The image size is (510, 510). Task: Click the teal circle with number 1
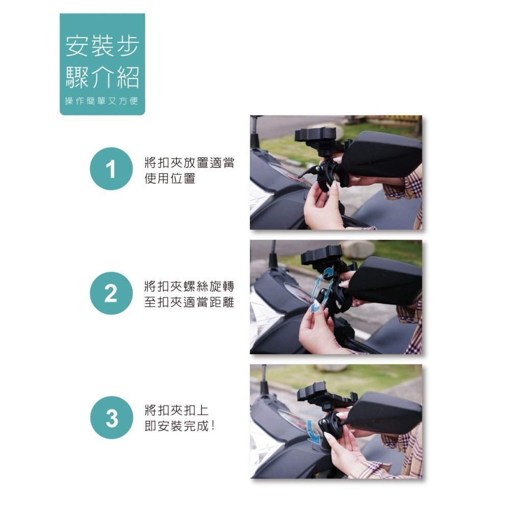pyautogui.click(x=111, y=169)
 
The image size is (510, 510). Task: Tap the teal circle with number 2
pyautogui.click(x=111, y=293)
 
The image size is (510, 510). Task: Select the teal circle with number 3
pyautogui.click(x=111, y=418)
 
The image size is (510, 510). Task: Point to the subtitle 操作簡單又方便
pyautogui.click(x=102, y=101)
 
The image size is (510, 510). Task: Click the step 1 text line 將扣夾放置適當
pyautogui.click(x=190, y=163)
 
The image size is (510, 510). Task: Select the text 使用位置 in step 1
pyautogui.click(x=170, y=178)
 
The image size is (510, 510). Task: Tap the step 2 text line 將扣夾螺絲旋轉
pyautogui.click(x=190, y=287)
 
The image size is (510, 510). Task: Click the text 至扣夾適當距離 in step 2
pyautogui.click(x=190, y=303)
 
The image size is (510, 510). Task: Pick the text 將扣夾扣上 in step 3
pyautogui.click(x=176, y=411)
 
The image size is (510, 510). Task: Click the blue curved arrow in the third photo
pyautogui.click(x=313, y=431)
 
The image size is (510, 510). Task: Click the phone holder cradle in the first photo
pyautogui.click(x=316, y=136)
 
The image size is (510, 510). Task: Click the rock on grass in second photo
pyautogui.click(x=357, y=249)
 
